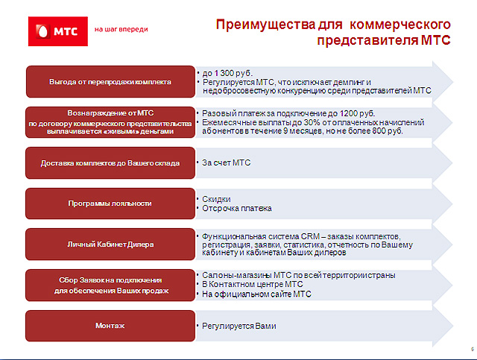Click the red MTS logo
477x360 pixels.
(58, 31)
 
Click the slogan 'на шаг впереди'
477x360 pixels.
(121, 30)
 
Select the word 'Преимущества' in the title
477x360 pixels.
(265, 25)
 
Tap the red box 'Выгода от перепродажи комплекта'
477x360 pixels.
(110, 82)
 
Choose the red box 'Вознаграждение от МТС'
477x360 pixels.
(110, 122)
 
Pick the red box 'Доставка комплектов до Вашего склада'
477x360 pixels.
(110, 163)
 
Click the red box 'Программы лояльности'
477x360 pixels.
(110, 203)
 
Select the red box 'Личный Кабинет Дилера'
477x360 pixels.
(110, 244)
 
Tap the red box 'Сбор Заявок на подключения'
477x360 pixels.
(110, 285)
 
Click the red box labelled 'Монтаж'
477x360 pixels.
(110, 326)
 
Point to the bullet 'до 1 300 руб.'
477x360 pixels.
(227, 73)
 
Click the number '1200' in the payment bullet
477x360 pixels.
(348, 113)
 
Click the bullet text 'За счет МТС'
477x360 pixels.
(227, 162)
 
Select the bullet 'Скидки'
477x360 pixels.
(216, 199)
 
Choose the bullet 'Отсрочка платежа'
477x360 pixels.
(237, 209)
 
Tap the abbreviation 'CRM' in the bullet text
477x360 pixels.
(310, 236)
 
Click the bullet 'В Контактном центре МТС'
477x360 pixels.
(253, 284)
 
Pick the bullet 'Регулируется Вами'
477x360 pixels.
(239, 326)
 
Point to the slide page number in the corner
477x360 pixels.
(473, 350)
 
